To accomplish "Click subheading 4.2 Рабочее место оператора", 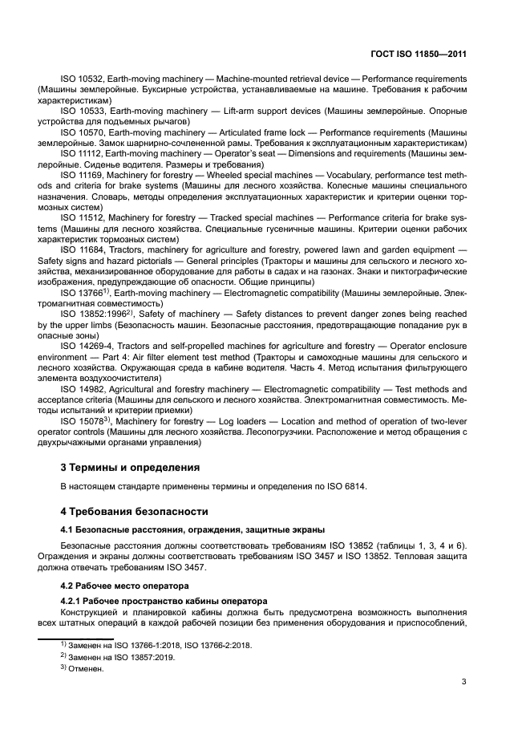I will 119,586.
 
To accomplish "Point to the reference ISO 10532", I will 81,79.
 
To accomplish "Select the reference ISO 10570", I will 81,131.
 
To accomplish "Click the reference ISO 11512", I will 81,217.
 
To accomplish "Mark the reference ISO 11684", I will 81,249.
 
